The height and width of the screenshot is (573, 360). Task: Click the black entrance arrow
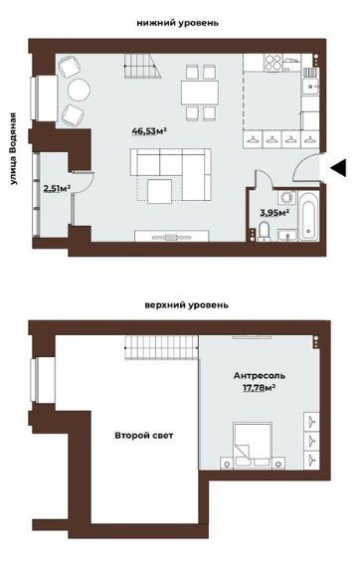pyautogui.click(x=339, y=168)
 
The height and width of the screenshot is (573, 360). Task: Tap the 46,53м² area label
pyautogui.click(x=149, y=131)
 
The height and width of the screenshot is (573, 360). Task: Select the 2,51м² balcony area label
pyautogui.click(x=57, y=189)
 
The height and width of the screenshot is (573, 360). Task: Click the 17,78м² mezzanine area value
pyautogui.click(x=260, y=387)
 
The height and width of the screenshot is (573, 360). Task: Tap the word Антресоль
pyautogui.click(x=260, y=376)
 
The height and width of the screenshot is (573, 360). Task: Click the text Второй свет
pyautogui.click(x=143, y=436)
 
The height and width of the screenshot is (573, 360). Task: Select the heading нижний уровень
pyautogui.click(x=178, y=23)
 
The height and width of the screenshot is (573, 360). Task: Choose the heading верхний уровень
pyautogui.click(x=186, y=304)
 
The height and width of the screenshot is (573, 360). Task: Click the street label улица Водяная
pyautogui.click(x=14, y=148)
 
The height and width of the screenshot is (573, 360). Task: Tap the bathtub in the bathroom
pyautogui.click(x=309, y=216)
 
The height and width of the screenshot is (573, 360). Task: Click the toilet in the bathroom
pyautogui.click(x=264, y=231)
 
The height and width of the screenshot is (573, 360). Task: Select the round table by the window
pyautogui.click(x=79, y=90)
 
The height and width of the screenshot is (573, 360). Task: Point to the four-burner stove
pyautogui.click(x=273, y=62)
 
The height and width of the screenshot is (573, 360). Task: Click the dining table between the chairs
pyautogui.click(x=200, y=93)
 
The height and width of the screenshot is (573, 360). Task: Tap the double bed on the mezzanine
pyautogui.click(x=253, y=445)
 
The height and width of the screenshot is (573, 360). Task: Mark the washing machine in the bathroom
pyautogui.click(x=286, y=198)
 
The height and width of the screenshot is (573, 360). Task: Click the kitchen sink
pyautogui.click(x=310, y=87)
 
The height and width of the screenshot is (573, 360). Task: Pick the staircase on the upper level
pyautogui.click(x=161, y=347)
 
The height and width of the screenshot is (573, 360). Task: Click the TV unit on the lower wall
pyautogui.click(x=171, y=236)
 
